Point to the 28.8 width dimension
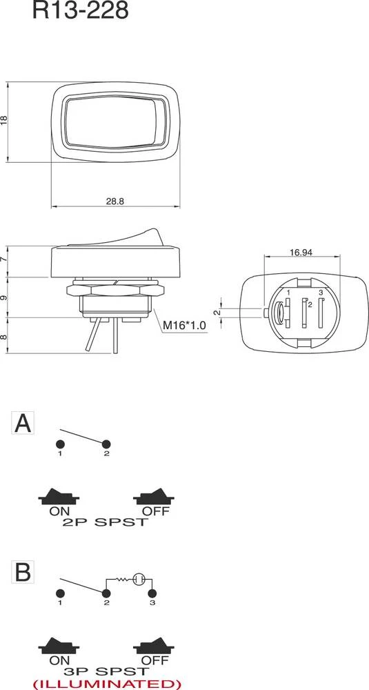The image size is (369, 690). (x=114, y=201)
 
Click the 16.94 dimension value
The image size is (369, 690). (x=301, y=253)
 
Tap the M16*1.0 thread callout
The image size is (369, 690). (x=184, y=325)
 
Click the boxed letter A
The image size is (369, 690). (x=23, y=423)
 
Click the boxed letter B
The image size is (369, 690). (x=23, y=571)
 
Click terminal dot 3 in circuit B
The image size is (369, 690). (x=152, y=593)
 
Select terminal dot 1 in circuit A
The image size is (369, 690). (x=61, y=443)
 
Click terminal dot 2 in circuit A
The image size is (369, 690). (x=106, y=443)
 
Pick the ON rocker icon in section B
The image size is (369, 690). (x=60, y=647)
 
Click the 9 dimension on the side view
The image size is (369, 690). (x=5, y=297)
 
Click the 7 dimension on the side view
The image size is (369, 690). (x=5, y=260)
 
